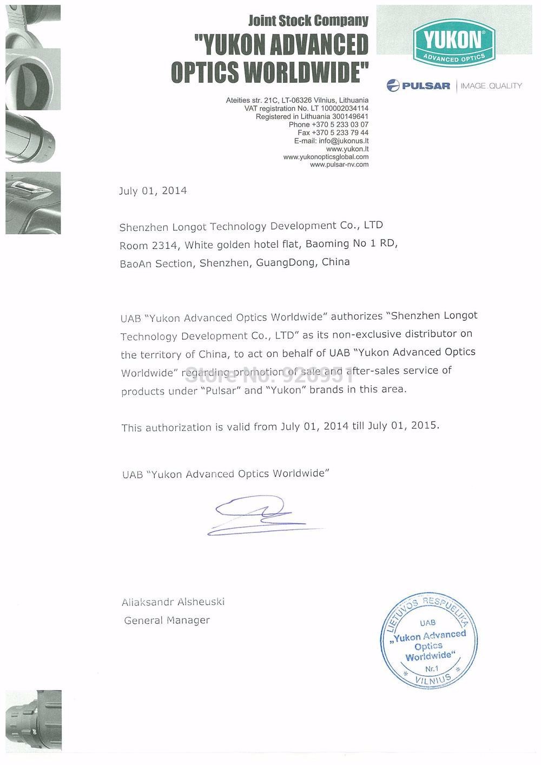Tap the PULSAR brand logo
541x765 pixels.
419,85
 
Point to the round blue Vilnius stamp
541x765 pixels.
428,641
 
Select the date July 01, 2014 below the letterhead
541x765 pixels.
153,190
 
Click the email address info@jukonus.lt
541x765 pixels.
332,141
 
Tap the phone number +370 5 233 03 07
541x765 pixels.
328,124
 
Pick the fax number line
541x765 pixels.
333,133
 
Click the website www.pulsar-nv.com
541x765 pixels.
339,164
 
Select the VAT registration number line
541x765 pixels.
306,108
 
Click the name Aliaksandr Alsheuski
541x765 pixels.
173,602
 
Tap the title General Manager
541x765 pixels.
167,621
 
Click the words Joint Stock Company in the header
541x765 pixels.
308,21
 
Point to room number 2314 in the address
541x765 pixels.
164,246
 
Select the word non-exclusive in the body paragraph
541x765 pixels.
367,334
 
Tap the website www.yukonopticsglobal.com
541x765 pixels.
326,157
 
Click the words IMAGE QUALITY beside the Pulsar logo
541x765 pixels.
491,85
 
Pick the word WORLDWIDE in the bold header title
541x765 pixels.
306,72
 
